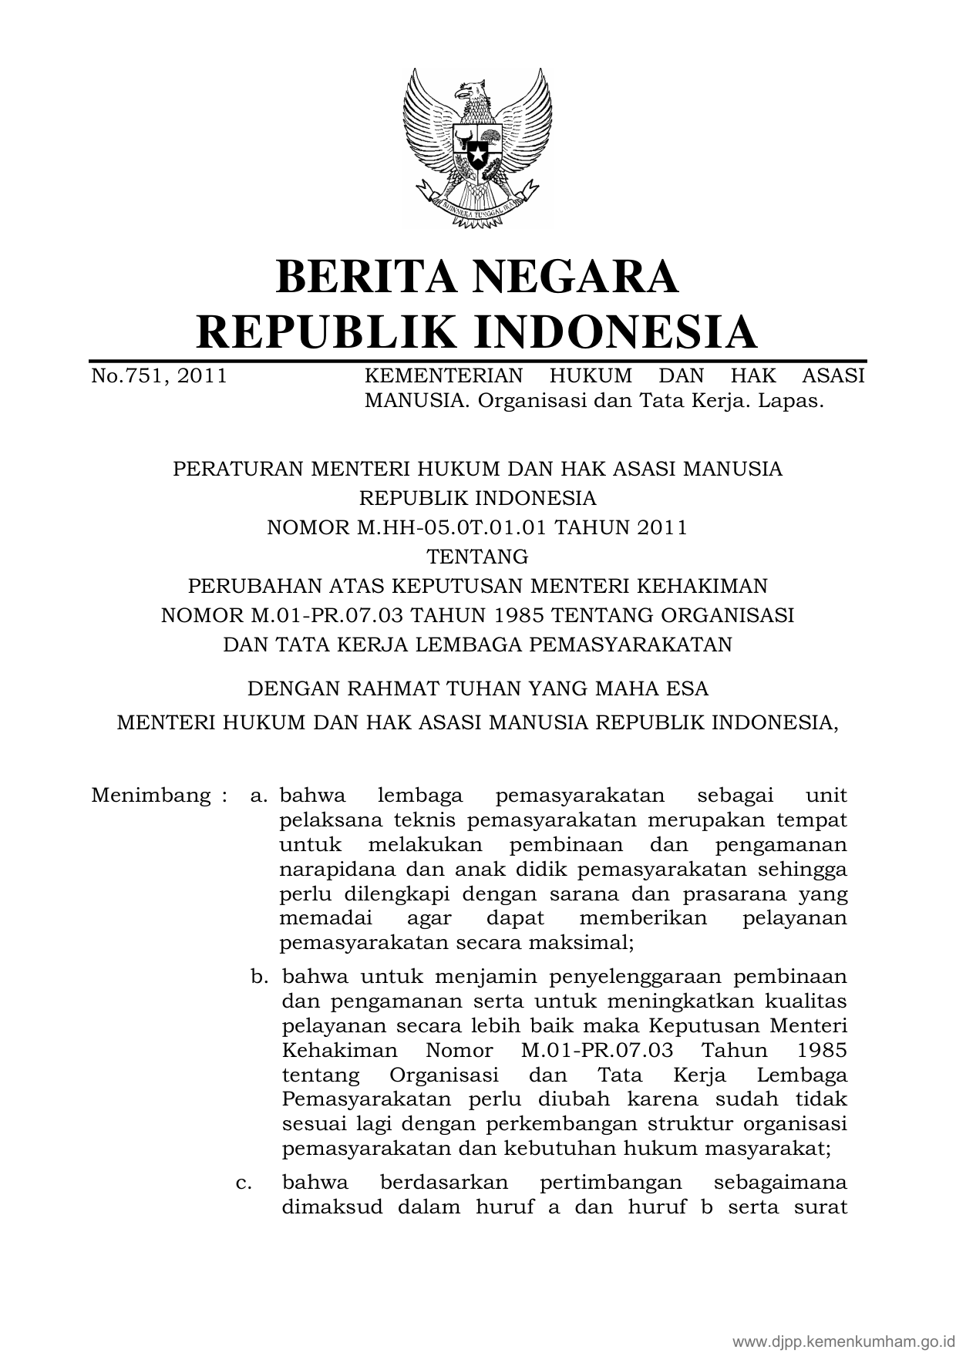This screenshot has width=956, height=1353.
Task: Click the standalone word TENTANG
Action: point(477,556)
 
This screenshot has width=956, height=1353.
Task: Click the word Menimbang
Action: point(151,795)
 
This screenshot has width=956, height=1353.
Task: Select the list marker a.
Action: point(258,795)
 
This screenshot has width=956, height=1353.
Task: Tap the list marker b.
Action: point(259,977)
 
